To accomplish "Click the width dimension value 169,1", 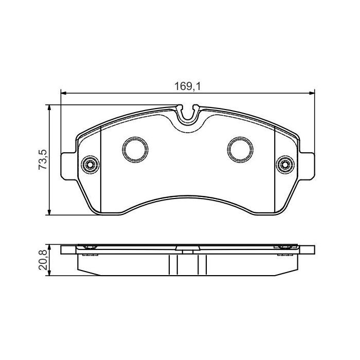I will click(187, 87).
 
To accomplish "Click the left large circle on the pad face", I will click(135, 149).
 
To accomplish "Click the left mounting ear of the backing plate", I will click(69, 165).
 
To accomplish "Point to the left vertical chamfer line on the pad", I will click(101, 170).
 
